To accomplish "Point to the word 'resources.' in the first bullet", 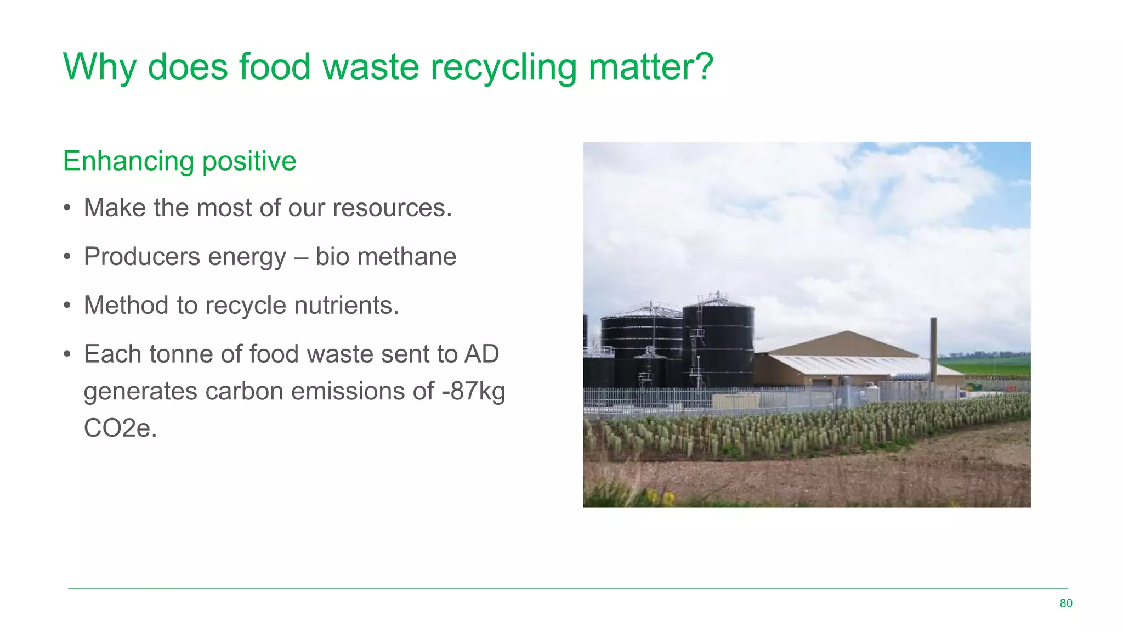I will [392, 208].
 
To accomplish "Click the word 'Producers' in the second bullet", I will [141, 257].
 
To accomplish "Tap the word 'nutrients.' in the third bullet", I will [346, 306].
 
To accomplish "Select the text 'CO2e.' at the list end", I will [120, 428].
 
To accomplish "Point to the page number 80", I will [1065, 603].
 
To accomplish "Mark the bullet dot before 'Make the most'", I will [67, 208].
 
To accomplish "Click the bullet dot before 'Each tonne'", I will [67, 354].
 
